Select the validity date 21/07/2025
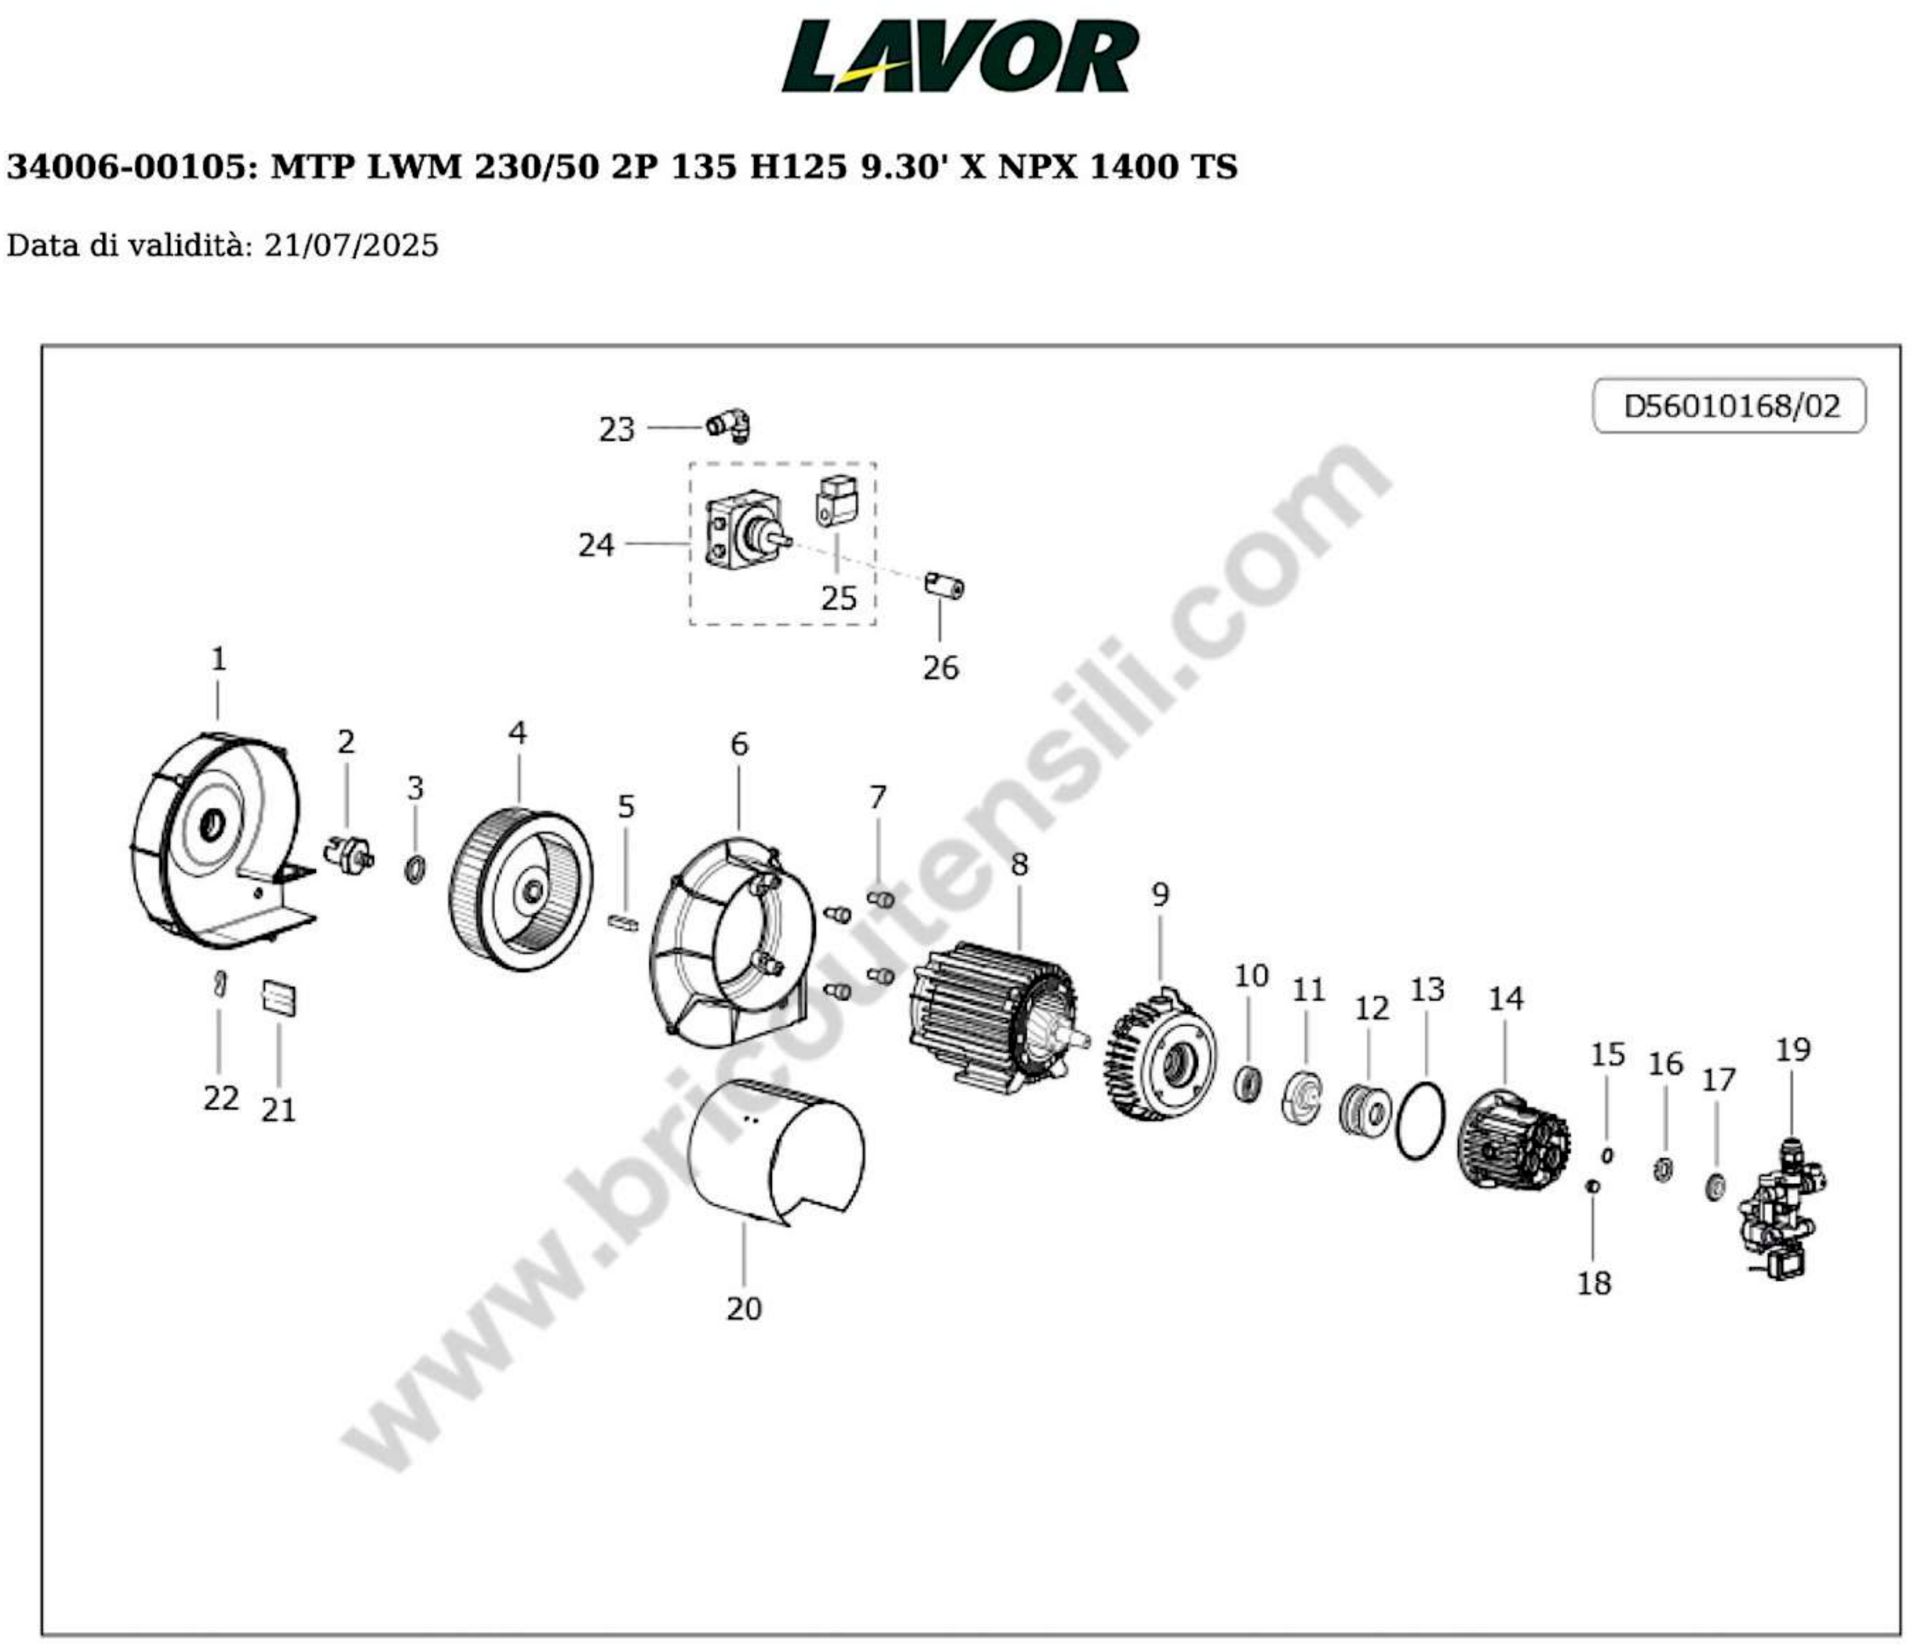[351, 246]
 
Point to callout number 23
[617, 430]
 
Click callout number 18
[1593, 1283]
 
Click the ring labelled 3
[416, 869]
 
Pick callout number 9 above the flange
[1160, 894]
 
